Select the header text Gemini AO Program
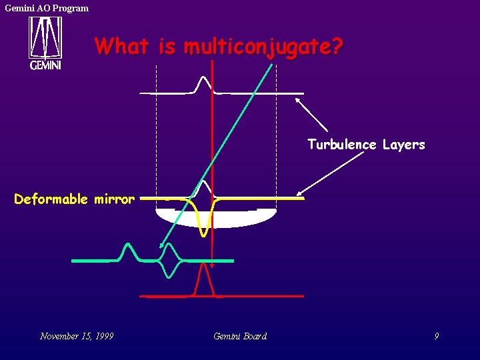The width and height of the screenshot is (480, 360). pyautogui.click(x=47, y=8)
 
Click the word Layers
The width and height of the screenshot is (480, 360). pyautogui.click(x=403, y=145)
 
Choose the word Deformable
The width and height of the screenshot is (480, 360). pyautogui.click(x=51, y=199)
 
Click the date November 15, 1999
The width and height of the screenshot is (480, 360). pyautogui.click(x=76, y=336)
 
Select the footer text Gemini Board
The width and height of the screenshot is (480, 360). pyautogui.click(x=240, y=336)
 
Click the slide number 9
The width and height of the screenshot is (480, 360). pyautogui.click(x=437, y=336)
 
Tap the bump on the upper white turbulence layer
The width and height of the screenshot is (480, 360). pyautogui.click(x=203, y=83)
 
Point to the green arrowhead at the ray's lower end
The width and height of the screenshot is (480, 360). pyautogui.click(x=161, y=246)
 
